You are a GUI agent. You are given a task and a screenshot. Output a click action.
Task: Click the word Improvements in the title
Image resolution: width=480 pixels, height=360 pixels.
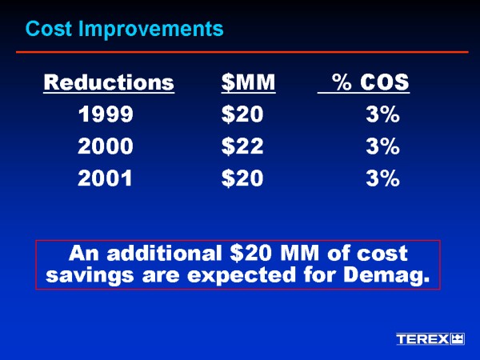(146, 30)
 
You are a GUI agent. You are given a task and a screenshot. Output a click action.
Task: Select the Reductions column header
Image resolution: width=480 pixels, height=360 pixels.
(108, 82)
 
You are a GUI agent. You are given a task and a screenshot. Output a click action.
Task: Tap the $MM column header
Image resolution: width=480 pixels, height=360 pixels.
(248, 82)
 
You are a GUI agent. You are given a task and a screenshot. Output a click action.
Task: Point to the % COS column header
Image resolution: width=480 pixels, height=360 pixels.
(370, 82)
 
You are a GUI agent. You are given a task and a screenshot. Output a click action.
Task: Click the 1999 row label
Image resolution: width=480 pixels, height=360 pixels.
(106, 115)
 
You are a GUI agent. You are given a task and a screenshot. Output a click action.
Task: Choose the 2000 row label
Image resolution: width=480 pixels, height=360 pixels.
(106, 147)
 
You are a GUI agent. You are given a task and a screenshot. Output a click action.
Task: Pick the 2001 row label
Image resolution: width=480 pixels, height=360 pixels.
(106, 179)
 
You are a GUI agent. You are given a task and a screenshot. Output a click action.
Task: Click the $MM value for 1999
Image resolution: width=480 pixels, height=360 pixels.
(242, 115)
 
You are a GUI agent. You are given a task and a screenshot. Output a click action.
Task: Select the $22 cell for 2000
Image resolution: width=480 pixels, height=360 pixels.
(242, 147)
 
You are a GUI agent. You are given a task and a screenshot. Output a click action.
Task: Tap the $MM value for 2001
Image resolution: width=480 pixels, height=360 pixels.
(242, 179)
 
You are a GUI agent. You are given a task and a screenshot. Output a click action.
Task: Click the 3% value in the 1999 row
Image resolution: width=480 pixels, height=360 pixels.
(382, 115)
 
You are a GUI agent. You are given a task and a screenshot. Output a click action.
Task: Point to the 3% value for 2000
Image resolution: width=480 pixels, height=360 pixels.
(382, 147)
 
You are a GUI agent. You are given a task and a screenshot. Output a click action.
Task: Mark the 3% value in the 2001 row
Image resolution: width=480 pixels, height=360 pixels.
(382, 179)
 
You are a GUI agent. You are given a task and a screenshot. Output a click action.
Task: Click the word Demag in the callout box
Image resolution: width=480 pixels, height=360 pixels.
(390, 277)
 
